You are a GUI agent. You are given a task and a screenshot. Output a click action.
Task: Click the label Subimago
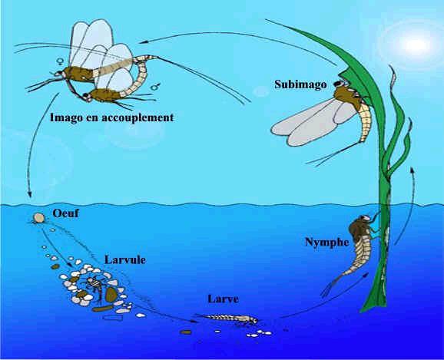click(300, 84)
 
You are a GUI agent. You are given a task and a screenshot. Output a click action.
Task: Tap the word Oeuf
click(66, 213)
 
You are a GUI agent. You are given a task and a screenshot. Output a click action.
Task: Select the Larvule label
click(125, 259)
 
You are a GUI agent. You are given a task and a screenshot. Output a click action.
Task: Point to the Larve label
click(223, 299)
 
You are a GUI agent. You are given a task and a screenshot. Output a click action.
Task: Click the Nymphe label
click(326, 243)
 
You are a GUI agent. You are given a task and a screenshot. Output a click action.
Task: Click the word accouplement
click(138, 117)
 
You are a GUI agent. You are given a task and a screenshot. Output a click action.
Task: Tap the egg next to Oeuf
click(39, 218)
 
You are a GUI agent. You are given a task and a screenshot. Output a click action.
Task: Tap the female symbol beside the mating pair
click(60, 61)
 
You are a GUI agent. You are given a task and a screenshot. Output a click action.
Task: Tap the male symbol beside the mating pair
click(155, 87)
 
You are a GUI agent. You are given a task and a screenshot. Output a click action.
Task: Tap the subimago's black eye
click(338, 84)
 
